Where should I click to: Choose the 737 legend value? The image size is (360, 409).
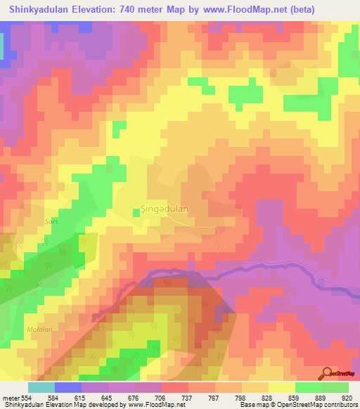[x=188, y=398]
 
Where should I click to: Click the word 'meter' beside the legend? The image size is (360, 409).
[x=8, y=398]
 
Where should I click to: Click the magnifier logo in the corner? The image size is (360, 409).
[x=328, y=372]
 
